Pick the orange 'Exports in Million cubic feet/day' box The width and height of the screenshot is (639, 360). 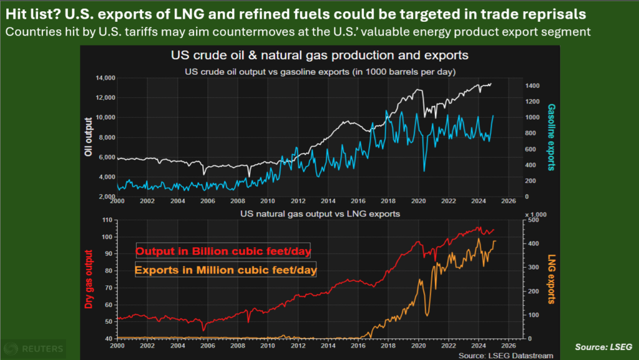point(225,270)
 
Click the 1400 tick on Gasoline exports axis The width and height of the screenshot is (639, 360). point(534,85)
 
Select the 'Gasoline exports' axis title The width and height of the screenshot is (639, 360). point(552,137)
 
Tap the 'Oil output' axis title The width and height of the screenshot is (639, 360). point(89,137)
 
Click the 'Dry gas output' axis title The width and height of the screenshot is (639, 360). point(89,280)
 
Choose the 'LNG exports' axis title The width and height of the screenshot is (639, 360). point(552,280)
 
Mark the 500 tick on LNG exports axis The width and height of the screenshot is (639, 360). point(531,220)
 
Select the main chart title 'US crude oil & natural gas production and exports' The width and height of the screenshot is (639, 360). point(319,56)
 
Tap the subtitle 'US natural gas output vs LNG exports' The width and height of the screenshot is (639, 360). point(320,214)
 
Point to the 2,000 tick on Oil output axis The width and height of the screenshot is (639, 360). point(105,197)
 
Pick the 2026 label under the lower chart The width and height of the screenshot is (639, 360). point(509,345)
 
